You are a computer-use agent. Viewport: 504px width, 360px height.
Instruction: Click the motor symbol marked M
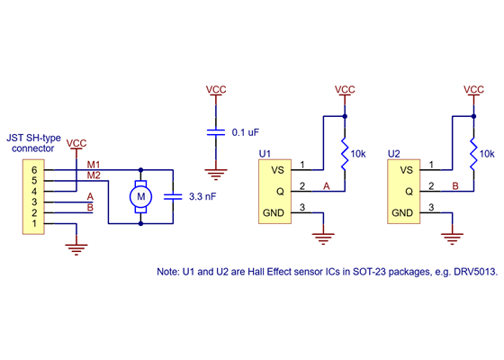click(139, 195)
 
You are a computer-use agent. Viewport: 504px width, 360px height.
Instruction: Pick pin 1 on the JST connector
click(34, 224)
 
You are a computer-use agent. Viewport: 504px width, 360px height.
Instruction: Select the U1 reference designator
click(265, 155)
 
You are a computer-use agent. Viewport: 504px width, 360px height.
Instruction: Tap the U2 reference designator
click(393, 155)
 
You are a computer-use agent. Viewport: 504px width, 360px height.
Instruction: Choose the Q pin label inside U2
click(408, 192)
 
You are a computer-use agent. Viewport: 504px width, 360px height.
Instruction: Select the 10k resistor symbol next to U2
click(472, 153)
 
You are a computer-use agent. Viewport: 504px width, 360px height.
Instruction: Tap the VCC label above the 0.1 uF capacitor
click(216, 89)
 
